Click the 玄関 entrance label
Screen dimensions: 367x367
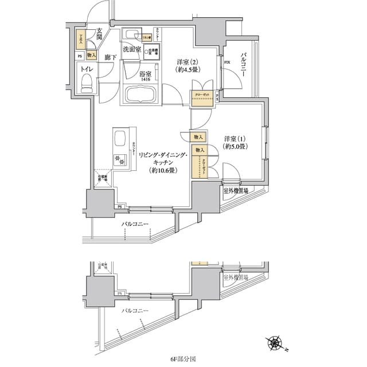(99, 34)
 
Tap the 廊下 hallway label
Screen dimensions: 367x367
(111, 57)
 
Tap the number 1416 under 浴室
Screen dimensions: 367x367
(145, 79)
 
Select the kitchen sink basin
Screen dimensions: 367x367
(120, 139)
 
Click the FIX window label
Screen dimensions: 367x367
(227, 61)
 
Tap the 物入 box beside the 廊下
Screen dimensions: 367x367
(92, 56)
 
